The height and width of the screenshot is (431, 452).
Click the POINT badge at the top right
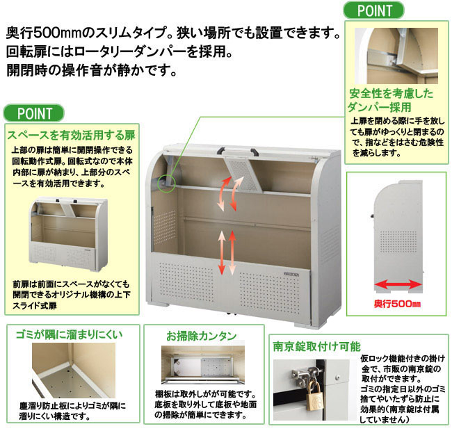[373, 10]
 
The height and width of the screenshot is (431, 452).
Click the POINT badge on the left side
[34, 113]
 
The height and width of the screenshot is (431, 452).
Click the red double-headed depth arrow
[398, 285]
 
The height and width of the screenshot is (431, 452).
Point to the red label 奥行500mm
[397, 304]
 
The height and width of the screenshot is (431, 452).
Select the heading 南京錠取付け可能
[316, 346]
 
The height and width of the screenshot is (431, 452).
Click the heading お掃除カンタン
[201, 336]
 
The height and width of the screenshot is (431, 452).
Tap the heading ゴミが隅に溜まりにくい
[69, 334]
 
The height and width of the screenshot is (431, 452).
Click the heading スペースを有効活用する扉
[71, 135]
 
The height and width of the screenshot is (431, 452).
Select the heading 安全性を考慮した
[392, 94]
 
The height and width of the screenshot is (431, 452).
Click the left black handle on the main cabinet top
[221, 151]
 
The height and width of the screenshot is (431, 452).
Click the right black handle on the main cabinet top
[255, 152]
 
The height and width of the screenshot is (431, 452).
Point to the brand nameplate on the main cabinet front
[291, 274]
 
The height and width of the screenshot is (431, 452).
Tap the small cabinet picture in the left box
[68, 234]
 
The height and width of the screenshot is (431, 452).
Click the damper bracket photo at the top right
[396, 56]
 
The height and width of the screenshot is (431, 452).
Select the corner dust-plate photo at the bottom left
[74, 371]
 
